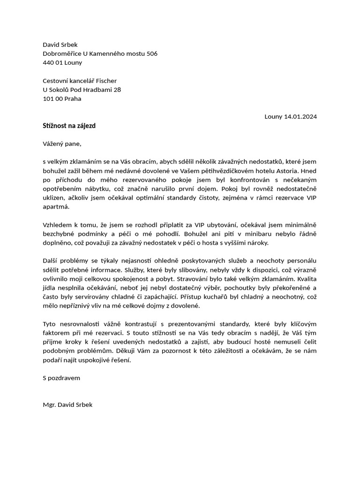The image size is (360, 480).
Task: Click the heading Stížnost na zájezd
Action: pyautogui.click(x=69, y=126)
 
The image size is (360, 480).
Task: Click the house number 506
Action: pyautogui.click(x=152, y=53)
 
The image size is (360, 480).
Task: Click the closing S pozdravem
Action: pyautogui.click(x=61, y=378)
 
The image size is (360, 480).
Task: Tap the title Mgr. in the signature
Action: pyautogui.click(x=49, y=405)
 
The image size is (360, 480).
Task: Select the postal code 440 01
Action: pyautogui.click(x=53, y=62)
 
